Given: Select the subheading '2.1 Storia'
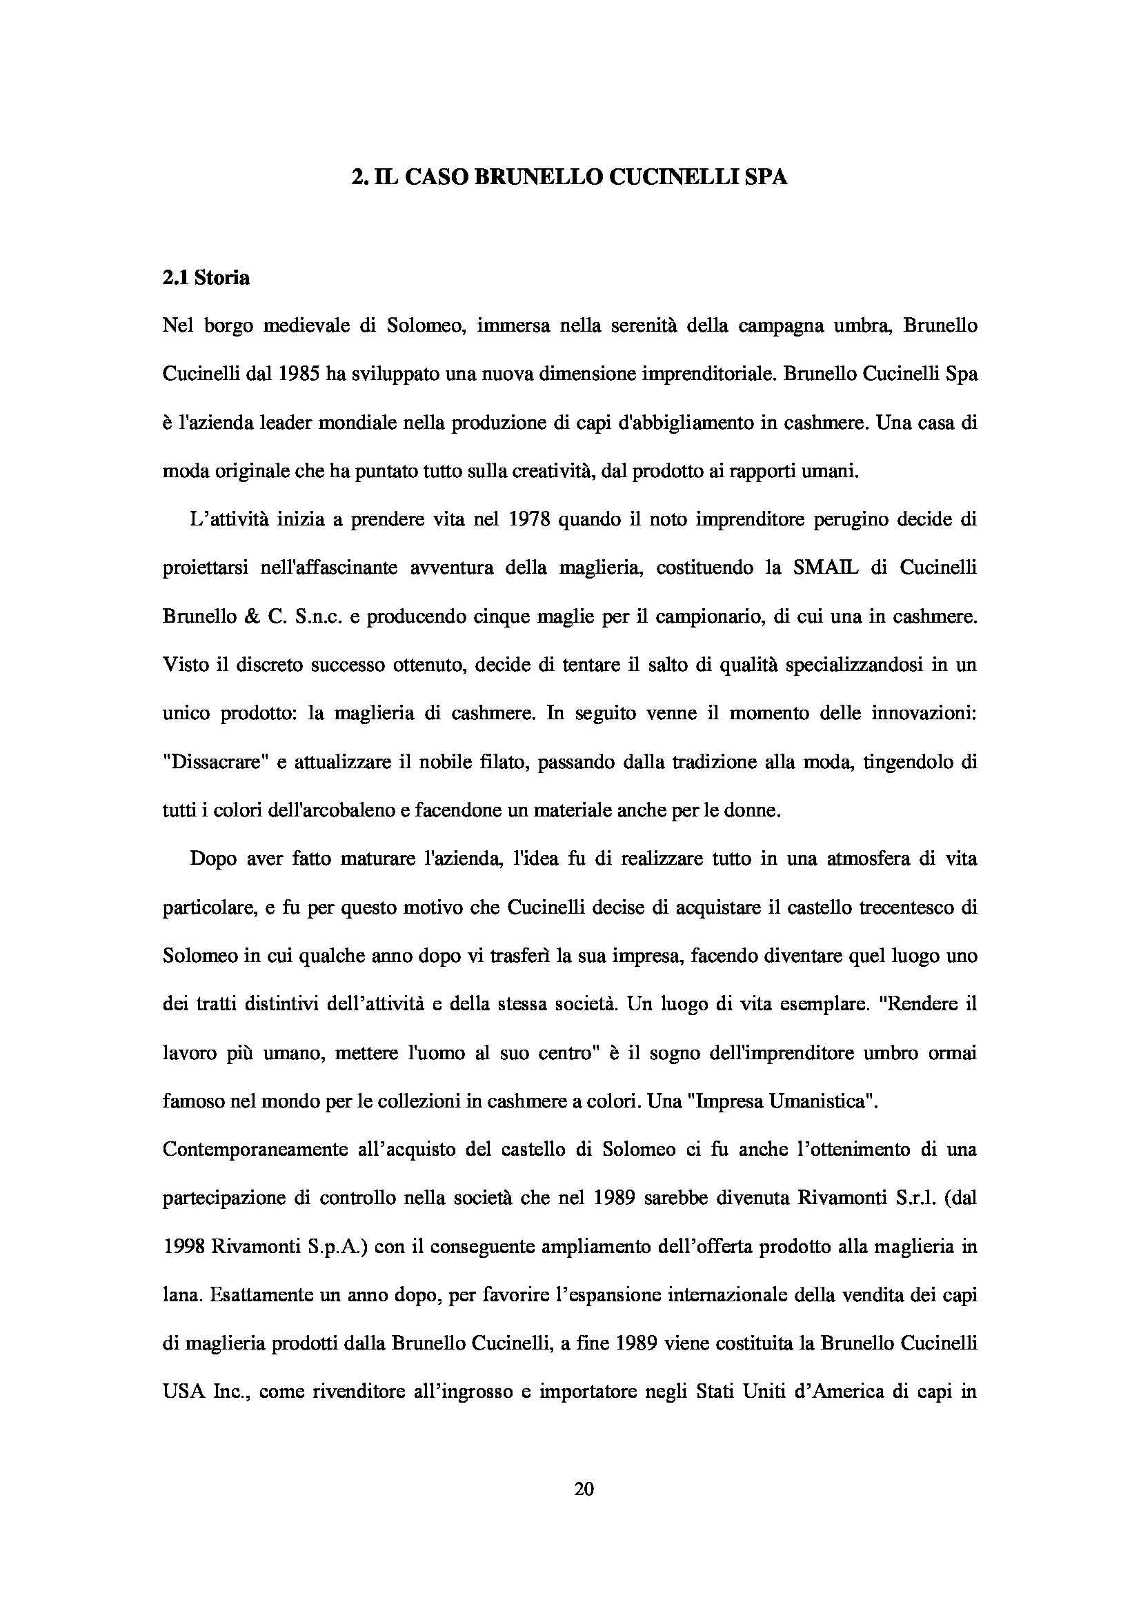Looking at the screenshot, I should (205, 278).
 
